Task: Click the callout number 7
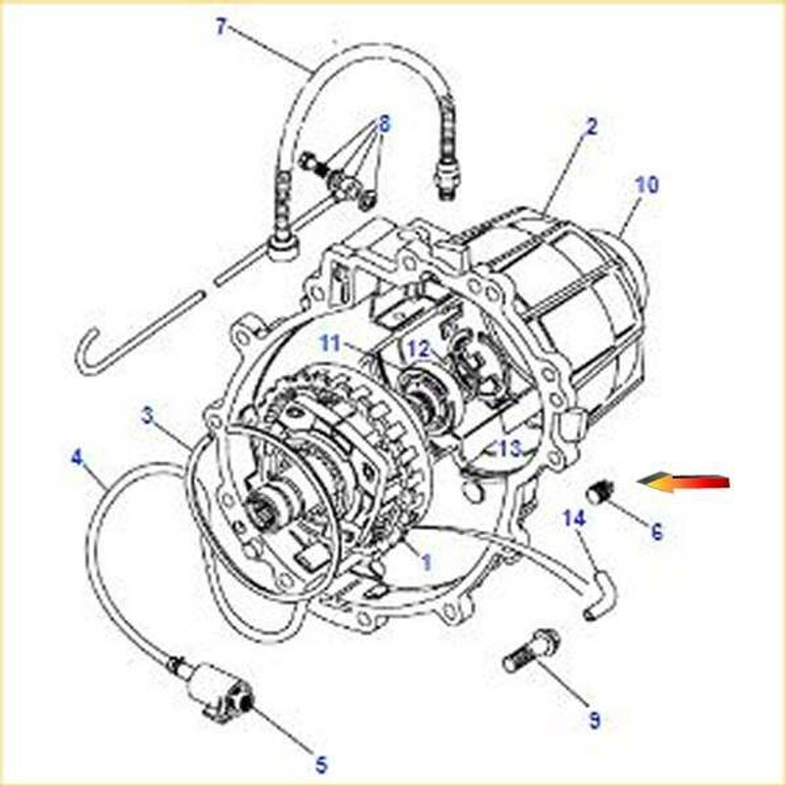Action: [221, 27]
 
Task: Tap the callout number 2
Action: [591, 126]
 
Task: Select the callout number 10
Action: [646, 185]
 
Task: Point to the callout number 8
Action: [384, 124]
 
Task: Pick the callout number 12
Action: [418, 349]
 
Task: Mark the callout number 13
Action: [509, 448]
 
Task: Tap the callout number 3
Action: [146, 415]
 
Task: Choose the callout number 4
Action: [77, 456]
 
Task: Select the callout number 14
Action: [573, 518]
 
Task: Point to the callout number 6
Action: [656, 532]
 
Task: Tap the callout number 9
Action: [594, 722]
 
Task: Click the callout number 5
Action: [320, 765]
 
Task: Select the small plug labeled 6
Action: [600, 493]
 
